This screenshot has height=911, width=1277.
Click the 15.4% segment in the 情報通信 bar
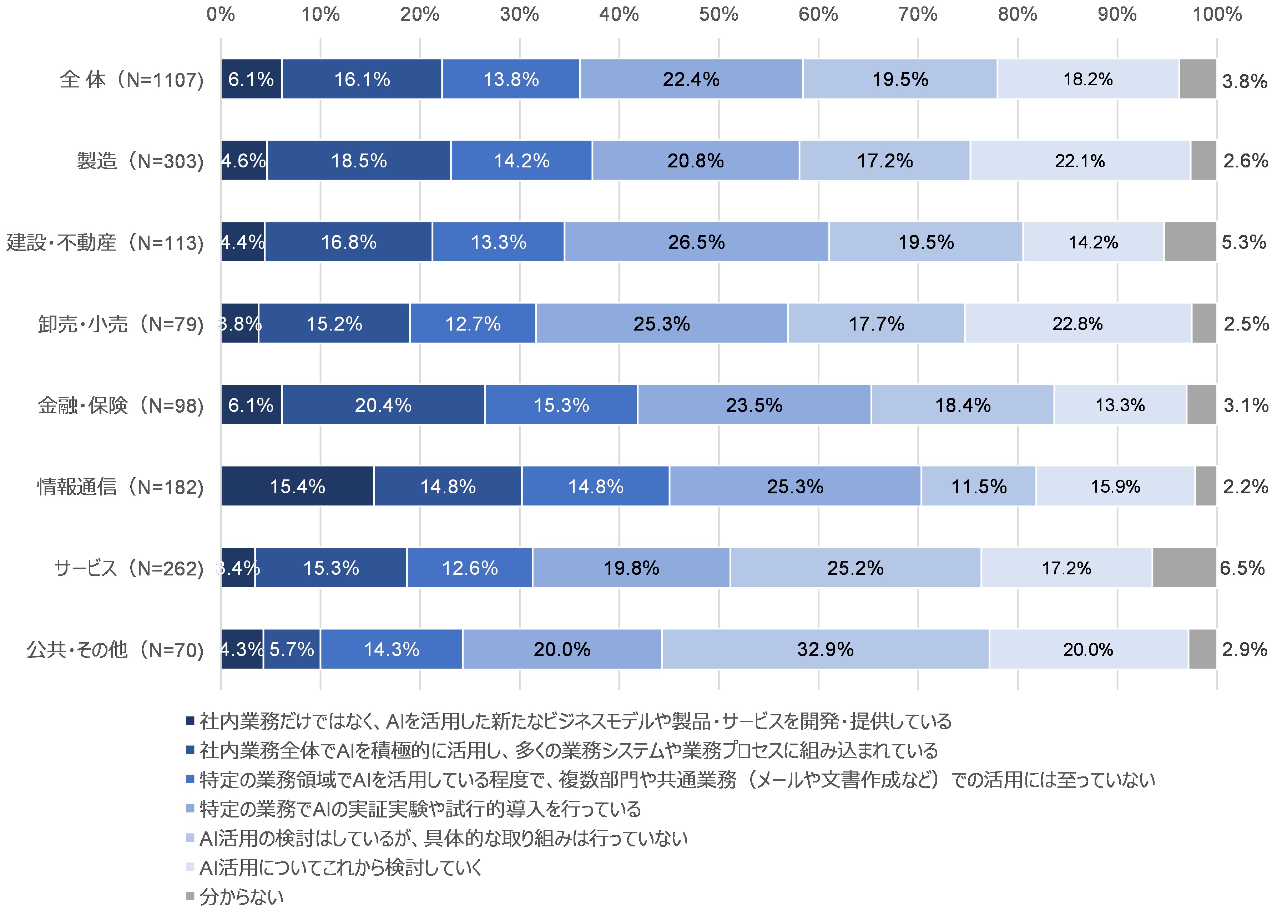[x=297, y=486]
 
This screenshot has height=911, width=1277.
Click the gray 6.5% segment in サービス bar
[x=1184, y=568]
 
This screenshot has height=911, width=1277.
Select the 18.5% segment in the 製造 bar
[x=359, y=160]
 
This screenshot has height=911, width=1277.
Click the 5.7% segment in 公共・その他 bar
[x=292, y=649]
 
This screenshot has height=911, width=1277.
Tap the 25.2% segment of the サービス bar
[x=855, y=568]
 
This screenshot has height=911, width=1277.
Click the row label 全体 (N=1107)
[x=132, y=80]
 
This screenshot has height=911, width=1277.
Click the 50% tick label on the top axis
[x=718, y=14]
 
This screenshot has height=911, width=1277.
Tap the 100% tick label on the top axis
[x=1216, y=14]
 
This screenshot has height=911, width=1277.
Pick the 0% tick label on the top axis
[x=221, y=14]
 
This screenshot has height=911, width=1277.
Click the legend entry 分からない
[x=242, y=896]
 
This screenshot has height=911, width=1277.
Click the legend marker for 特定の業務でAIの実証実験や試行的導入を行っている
[x=190, y=808]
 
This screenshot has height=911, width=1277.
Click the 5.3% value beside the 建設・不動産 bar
[x=1244, y=242]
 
